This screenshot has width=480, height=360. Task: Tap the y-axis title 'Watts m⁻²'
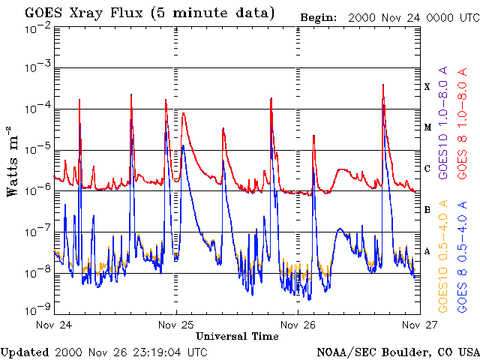(x=13, y=161)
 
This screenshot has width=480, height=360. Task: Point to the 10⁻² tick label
(x=37, y=28)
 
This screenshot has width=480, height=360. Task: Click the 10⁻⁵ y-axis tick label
(x=37, y=149)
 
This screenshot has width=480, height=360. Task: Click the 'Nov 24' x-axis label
(x=53, y=325)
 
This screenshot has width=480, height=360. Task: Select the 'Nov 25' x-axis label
(x=177, y=325)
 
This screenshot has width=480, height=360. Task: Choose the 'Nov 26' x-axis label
(x=298, y=325)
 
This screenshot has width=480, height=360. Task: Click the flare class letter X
(x=427, y=87)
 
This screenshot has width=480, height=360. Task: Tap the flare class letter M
(x=427, y=127)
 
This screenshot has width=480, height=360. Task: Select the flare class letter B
(x=427, y=210)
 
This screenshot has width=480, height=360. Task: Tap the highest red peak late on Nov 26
(x=383, y=85)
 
